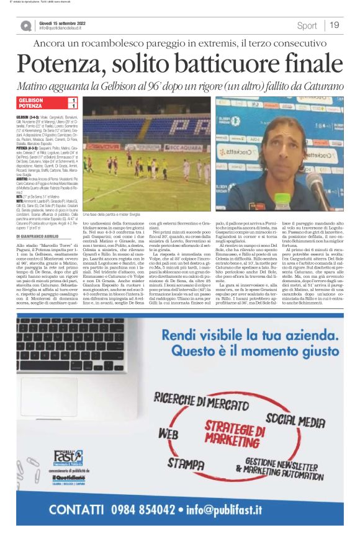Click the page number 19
pyautogui.click(x=334, y=25)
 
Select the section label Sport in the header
pyautogui.click(x=307, y=25)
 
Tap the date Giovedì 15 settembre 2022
pyautogui.click(x=62, y=22)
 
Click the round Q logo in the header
pyautogui.click(x=25, y=26)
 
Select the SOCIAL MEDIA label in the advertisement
pyautogui.click(x=295, y=421)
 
